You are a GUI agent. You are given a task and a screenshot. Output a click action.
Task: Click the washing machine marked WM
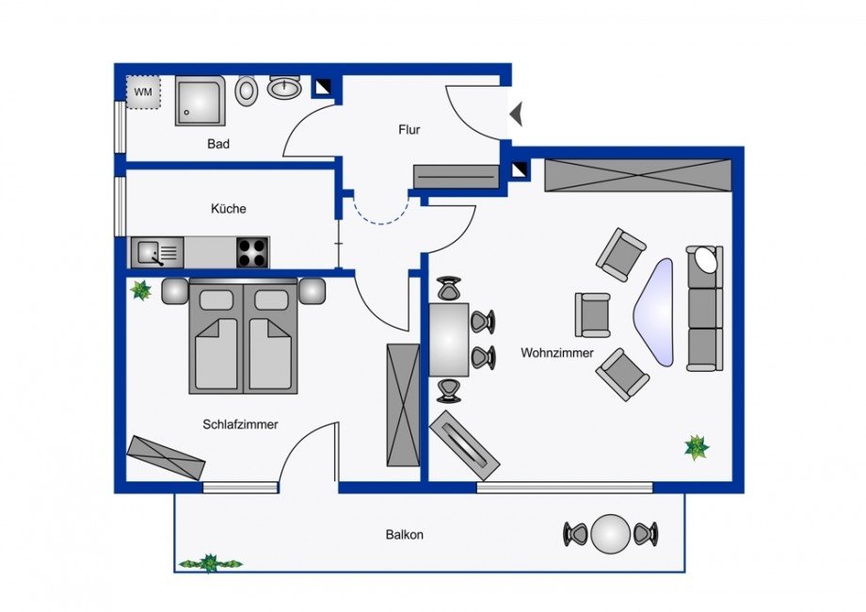144,92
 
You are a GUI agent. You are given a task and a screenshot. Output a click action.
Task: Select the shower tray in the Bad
200,101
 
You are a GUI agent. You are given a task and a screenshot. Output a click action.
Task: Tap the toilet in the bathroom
248,90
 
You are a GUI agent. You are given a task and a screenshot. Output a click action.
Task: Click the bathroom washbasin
283,89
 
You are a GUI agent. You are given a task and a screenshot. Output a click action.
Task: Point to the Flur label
409,130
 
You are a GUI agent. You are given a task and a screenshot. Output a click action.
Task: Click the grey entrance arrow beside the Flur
516,115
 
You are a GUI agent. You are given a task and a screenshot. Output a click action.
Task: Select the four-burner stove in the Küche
251,252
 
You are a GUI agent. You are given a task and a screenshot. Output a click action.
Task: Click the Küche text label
229,209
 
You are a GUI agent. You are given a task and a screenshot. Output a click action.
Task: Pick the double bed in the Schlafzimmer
244,337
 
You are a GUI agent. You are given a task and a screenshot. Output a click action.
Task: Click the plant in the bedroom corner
141,290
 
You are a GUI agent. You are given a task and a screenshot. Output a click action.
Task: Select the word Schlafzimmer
240,425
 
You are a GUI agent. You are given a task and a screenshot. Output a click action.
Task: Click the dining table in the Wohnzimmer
449,340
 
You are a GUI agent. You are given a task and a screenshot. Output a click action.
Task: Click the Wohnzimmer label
557,353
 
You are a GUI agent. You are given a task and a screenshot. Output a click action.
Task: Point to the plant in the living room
697,447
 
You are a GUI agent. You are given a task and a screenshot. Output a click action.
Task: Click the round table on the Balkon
611,535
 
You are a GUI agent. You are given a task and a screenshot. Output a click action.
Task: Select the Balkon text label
404,535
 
